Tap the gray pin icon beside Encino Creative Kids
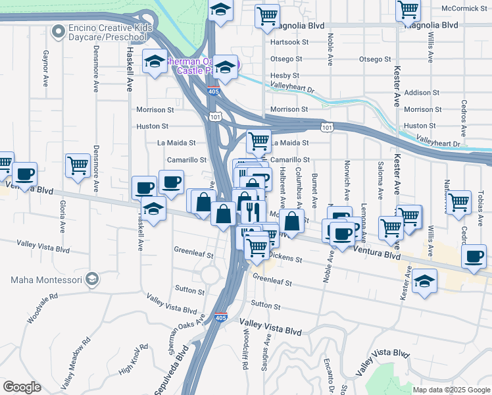(59, 30)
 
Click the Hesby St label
(285, 76)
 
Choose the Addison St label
(422, 93)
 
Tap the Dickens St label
(284, 258)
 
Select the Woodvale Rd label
(43, 308)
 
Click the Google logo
(22, 387)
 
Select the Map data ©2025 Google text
(451, 390)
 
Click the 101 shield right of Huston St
(327, 126)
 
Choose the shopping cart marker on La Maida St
(258, 140)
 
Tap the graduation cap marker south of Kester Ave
(424, 282)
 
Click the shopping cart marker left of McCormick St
(408, 9)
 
